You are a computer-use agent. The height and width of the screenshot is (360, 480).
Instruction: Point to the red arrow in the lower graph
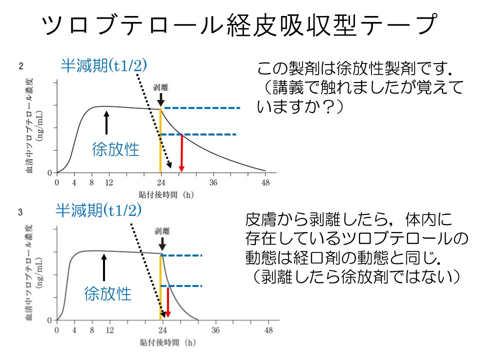click(x=168, y=302)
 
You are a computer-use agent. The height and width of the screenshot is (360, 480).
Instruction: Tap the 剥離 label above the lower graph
click(x=162, y=231)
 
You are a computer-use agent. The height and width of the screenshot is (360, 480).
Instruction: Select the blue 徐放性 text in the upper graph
click(x=115, y=149)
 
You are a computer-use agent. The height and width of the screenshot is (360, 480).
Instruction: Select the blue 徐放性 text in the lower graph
click(x=107, y=292)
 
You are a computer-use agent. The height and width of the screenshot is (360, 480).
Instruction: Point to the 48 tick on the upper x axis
click(x=266, y=182)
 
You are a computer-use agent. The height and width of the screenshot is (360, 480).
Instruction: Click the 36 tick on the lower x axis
click(x=215, y=330)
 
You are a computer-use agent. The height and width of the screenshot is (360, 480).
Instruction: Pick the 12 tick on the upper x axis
click(x=109, y=182)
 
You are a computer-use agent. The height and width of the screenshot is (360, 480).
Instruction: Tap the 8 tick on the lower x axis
click(x=92, y=330)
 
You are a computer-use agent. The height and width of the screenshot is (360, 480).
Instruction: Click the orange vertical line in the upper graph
click(x=160, y=140)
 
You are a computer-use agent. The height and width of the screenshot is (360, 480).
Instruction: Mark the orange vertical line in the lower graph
click(x=160, y=287)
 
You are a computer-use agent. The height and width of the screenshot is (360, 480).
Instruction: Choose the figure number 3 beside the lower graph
click(x=20, y=212)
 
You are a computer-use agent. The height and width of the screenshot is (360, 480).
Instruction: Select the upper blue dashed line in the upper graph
click(x=202, y=108)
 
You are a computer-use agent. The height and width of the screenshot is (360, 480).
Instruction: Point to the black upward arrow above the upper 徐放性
click(x=106, y=123)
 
